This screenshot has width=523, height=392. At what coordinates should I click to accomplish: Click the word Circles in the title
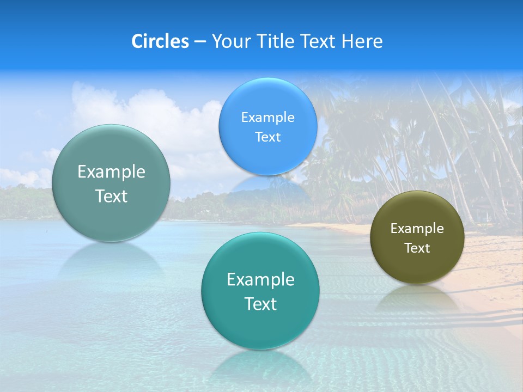tap(160, 41)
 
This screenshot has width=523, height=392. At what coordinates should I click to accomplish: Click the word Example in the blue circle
tap(267, 117)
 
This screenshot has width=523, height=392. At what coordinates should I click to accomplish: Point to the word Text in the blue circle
tap(267, 137)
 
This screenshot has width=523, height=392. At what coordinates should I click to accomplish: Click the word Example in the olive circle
tap(417, 228)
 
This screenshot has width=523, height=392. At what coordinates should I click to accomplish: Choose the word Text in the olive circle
tap(417, 248)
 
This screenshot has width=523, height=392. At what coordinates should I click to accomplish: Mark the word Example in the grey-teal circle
tap(111, 171)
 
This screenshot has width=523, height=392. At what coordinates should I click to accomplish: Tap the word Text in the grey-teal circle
tap(111, 196)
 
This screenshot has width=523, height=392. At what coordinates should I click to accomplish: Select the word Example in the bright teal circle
tap(260, 279)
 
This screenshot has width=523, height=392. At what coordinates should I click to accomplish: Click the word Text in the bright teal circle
tap(260, 303)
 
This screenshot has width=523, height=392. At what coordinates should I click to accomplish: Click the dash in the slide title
tap(200, 41)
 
